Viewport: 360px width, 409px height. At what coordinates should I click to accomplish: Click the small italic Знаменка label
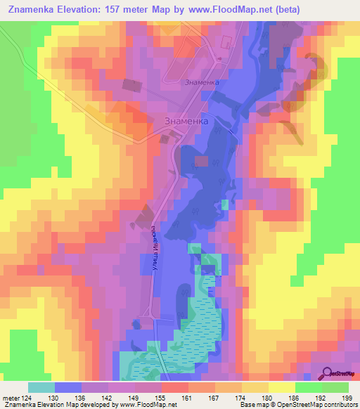pos(202,82)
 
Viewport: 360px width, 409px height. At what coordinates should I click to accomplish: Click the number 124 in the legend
pos(26,396)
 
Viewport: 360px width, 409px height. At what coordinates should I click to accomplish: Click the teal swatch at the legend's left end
pos(41,387)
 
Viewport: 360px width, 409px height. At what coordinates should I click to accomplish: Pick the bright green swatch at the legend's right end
pos(335,387)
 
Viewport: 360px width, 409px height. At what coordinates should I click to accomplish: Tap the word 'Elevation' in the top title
pos(80,10)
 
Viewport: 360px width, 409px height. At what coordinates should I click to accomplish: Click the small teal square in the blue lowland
pos(225,204)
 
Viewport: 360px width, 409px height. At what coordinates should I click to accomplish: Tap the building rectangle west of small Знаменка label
pos(131,85)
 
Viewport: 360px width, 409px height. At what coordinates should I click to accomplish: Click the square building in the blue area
pos(202,162)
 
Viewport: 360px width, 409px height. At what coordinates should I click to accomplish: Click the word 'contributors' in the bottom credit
pos(337,405)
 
